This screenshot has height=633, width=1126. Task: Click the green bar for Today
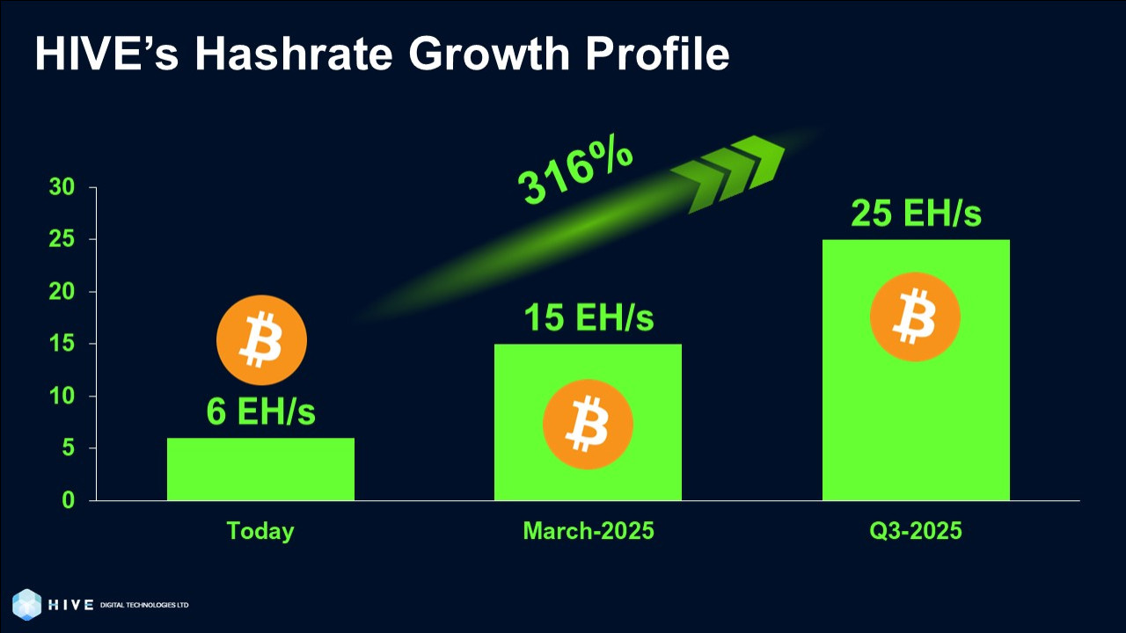(260, 469)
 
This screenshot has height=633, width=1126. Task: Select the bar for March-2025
(589, 422)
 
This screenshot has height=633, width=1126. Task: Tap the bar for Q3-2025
(916, 370)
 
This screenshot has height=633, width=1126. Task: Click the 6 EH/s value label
(261, 411)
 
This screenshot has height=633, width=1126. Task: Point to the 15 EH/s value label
(589, 317)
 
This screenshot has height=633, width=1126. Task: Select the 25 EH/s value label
(916, 213)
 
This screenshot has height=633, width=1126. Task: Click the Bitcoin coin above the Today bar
(261, 340)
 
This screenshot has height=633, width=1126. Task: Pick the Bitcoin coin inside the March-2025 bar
(589, 425)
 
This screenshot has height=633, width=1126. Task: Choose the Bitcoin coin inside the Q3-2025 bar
(916, 317)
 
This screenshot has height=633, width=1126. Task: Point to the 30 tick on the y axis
(62, 187)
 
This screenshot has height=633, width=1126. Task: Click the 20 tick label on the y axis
(62, 291)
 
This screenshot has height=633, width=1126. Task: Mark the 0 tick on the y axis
(69, 500)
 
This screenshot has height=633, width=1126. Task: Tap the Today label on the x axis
(260, 531)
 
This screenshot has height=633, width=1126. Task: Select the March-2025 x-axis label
(589, 530)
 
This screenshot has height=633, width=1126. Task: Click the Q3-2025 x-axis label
(916, 530)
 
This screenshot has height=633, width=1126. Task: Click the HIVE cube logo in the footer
(27, 604)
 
